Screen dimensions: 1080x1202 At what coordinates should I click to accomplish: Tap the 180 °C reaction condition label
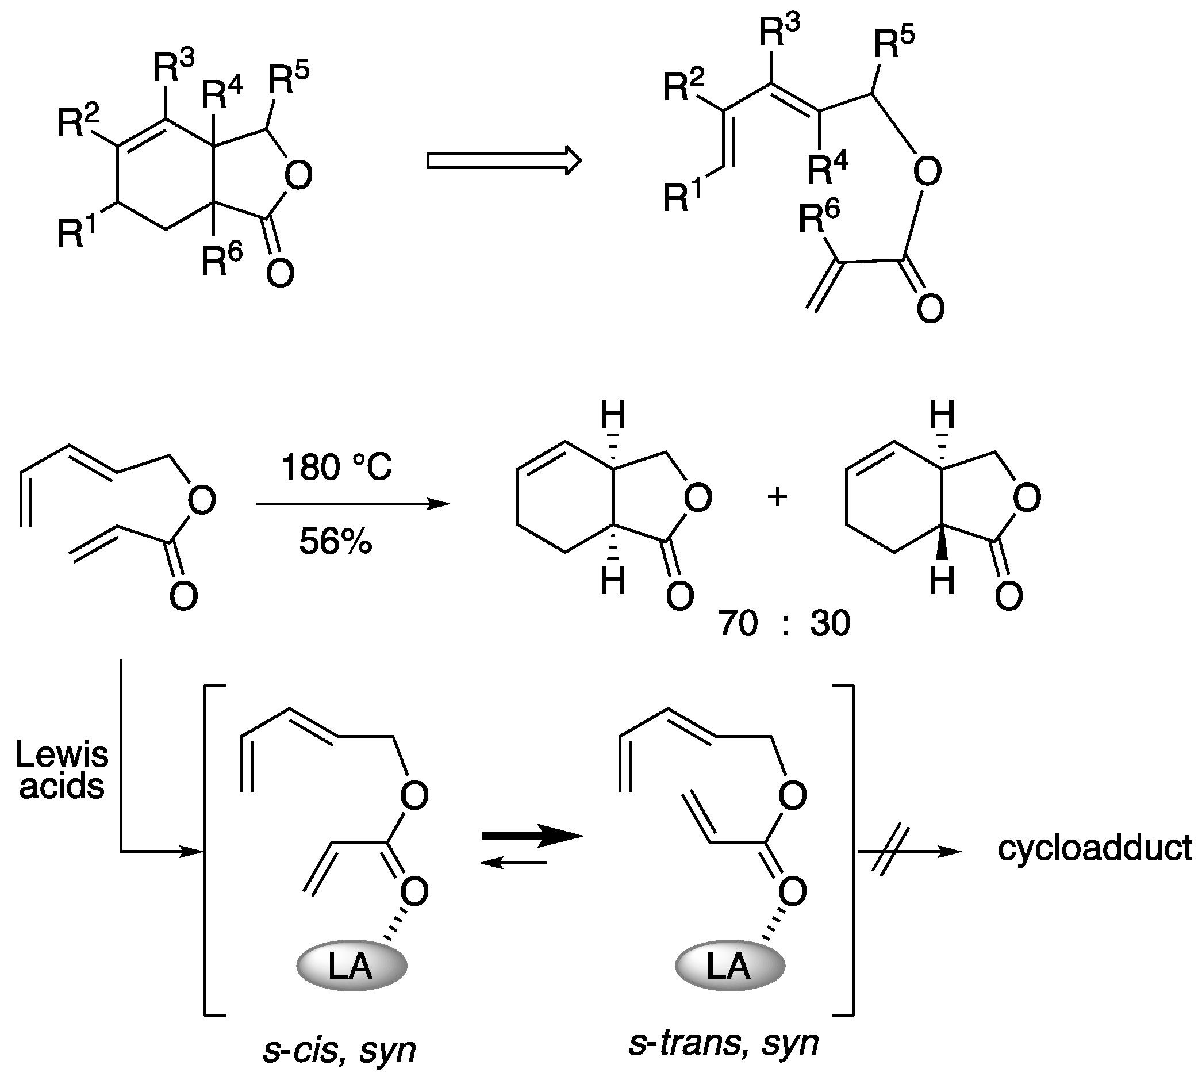coord(336,468)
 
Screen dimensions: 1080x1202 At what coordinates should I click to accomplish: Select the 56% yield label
coord(335,541)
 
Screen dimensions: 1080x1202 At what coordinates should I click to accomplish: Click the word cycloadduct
coord(1095,848)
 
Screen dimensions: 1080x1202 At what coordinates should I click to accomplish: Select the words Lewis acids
coord(62,769)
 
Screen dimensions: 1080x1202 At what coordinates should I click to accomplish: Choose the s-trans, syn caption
coord(723,1043)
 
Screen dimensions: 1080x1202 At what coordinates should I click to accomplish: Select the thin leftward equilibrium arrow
coord(513,862)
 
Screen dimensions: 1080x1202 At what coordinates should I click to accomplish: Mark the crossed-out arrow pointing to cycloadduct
coord(908,852)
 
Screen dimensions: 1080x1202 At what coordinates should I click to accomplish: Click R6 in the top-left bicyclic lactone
coord(221,261)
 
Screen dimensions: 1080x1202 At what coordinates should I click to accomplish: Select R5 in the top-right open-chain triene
coord(894,40)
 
